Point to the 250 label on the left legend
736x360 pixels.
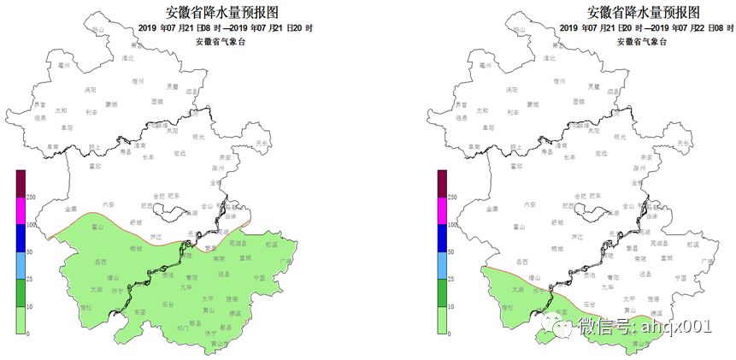(30, 198)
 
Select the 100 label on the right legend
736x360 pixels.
(452, 225)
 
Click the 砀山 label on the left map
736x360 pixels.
(97, 30)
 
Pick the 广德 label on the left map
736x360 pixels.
(286, 261)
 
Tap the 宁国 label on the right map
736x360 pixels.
(680, 278)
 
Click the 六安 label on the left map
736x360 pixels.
(108, 204)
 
